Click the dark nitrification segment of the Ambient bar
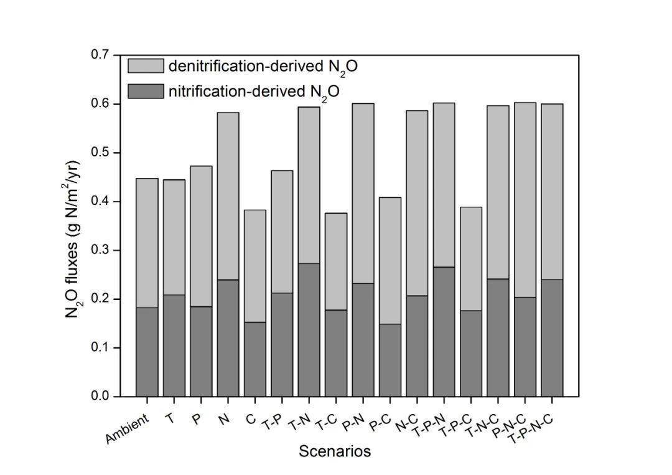coord(147,352)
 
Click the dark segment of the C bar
coord(254,359)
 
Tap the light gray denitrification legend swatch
coord(146,66)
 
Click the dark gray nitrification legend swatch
coord(146,91)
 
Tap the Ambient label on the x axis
coord(128,429)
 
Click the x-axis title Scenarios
coord(335,451)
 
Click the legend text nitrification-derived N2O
coord(254,92)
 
